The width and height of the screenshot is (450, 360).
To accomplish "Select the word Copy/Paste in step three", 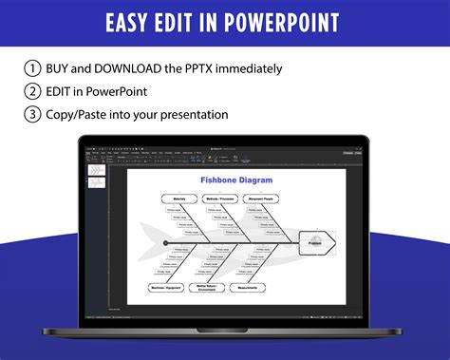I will pyautogui.click(x=83, y=114).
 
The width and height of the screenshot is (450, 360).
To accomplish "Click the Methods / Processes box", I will pyautogui.click(x=218, y=199).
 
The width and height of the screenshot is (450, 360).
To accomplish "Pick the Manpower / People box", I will pyautogui.click(x=264, y=199).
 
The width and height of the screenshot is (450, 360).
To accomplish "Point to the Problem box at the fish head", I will pyautogui.click(x=315, y=242).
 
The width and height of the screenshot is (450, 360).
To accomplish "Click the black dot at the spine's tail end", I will pyautogui.click(x=165, y=242).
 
